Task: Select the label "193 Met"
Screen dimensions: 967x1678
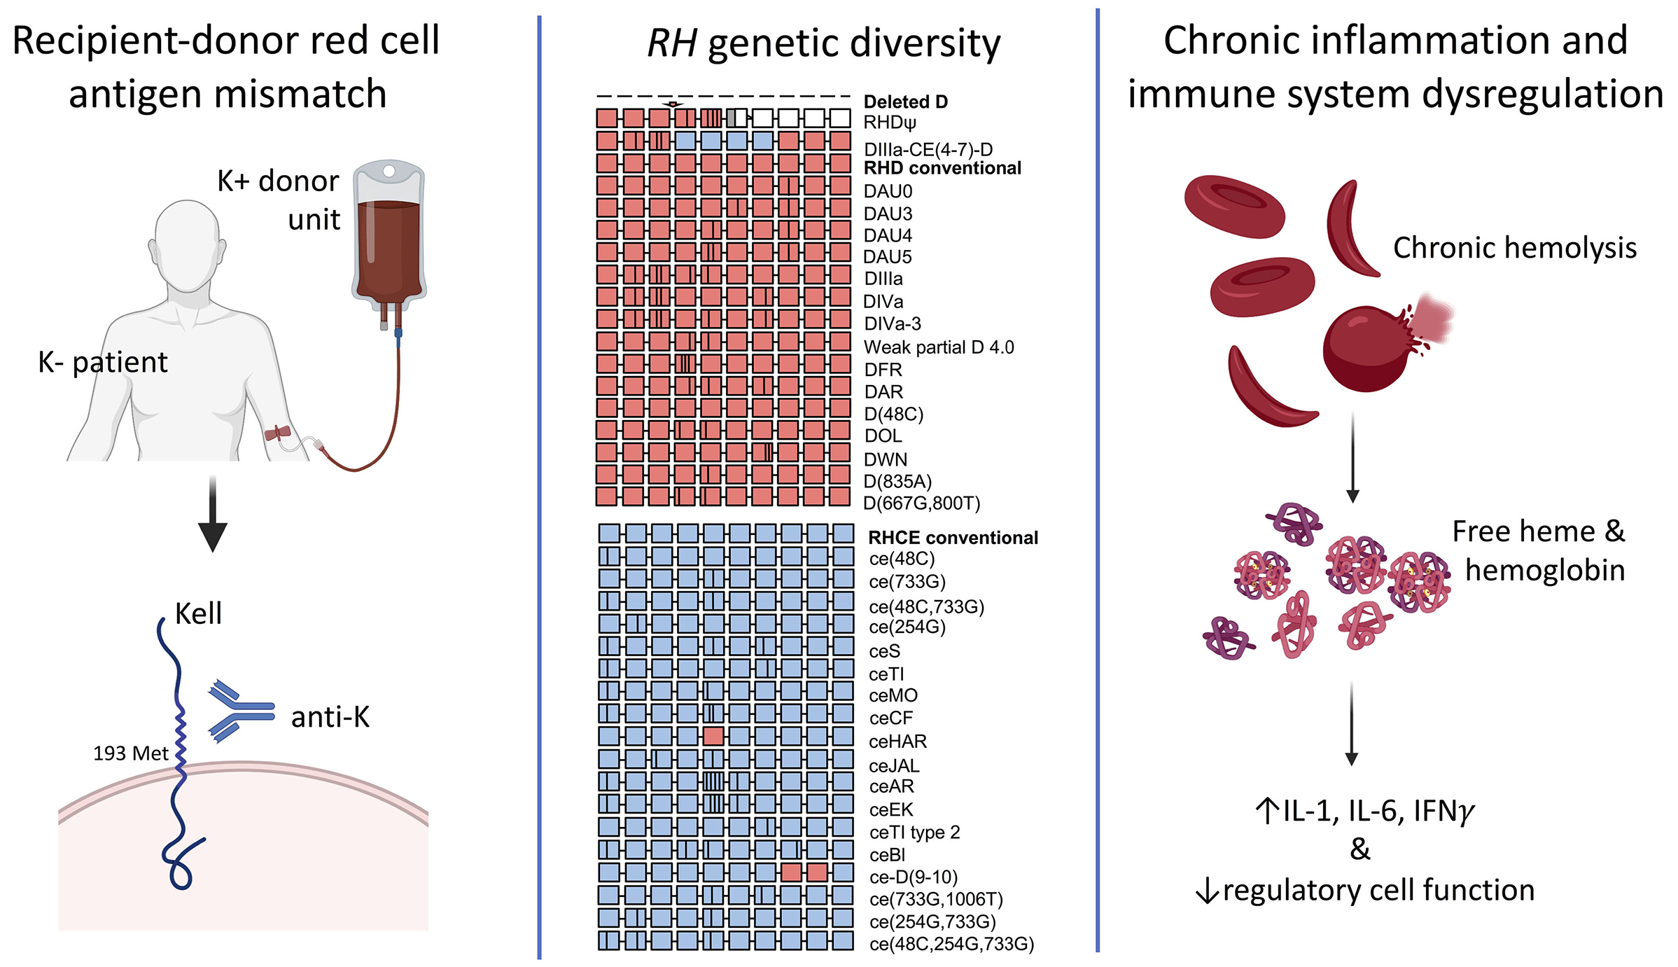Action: tap(131, 753)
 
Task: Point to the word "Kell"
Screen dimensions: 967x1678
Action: tap(198, 614)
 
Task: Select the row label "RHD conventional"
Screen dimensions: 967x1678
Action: tap(942, 169)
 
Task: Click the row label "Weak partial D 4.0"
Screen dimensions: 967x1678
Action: tap(939, 347)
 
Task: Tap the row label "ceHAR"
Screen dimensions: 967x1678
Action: tap(897, 742)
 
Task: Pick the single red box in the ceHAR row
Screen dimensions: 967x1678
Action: tap(713, 736)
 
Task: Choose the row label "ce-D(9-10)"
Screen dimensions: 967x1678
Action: tap(913, 877)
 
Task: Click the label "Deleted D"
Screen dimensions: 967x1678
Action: tap(906, 102)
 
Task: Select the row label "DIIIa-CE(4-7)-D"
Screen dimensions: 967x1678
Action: tap(928, 150)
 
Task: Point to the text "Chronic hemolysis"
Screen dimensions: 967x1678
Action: tap(1515, 248)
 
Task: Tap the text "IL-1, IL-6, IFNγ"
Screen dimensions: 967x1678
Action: tap(1378, 811)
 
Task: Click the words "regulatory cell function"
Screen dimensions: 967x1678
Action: tap(1378, 890)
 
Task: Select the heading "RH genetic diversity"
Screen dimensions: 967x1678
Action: tap(824, 43)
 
